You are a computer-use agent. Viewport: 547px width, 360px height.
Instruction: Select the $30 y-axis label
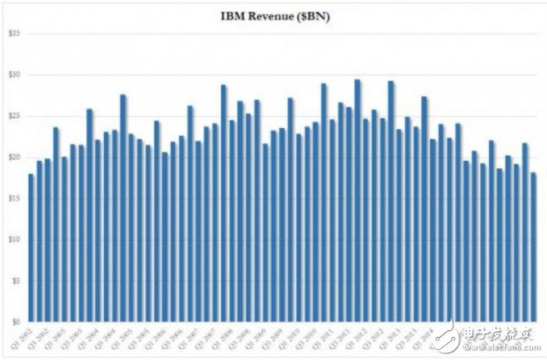coord(14,75)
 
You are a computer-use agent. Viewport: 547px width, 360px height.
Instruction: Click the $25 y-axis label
coord(14,116)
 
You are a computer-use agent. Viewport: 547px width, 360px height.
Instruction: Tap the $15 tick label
coord(14,198)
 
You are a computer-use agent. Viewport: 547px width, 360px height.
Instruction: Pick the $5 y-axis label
coord(14,281)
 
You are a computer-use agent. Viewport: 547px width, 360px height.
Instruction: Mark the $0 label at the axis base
coord(14,322)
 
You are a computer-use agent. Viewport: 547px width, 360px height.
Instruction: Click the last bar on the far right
coord(533,248)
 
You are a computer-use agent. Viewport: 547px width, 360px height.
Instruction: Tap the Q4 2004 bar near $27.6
coord(123,208)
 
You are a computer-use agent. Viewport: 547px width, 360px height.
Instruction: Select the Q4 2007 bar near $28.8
coord(223,203)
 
